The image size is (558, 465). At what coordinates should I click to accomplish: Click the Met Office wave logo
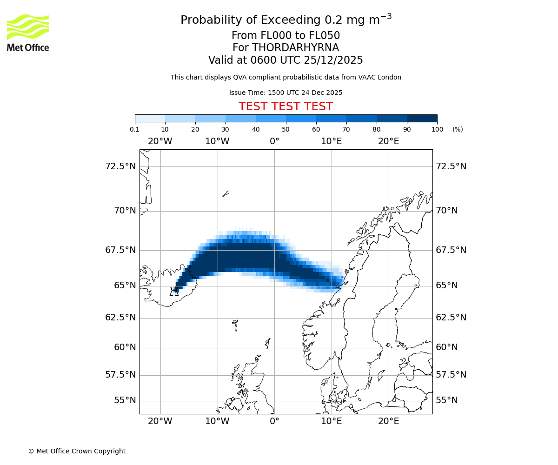click(x=27, y=27)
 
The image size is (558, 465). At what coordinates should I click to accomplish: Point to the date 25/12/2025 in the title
click(x=333, y=60)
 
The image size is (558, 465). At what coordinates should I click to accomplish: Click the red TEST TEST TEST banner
click(x=286, y=106)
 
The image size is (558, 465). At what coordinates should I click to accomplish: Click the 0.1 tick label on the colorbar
click(x=135, y=129)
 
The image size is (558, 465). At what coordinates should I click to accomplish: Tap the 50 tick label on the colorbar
click(x=286, y=129)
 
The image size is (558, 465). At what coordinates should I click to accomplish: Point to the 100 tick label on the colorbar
click(x=437, y=129)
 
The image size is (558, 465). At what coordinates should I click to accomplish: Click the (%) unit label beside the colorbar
click(x=458, y=129)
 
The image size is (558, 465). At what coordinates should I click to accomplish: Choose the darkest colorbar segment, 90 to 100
click(x=422, y=118)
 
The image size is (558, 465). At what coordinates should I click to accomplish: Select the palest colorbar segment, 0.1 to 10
click(x=150, y=118)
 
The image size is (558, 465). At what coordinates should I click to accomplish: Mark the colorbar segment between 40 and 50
click(x=271, y=118)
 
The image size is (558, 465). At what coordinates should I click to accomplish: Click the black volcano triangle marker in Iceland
click(x=174, y=292)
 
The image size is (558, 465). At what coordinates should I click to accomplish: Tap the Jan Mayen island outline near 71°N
click(x=226, y=193)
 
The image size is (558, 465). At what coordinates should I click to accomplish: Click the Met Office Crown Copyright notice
click(x=77, y=451)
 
